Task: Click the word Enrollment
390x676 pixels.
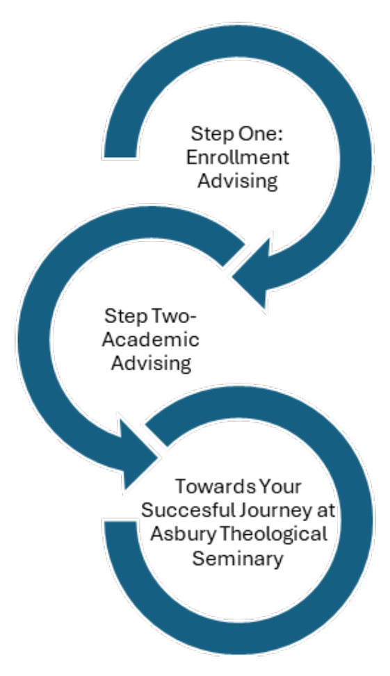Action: tap(237, 157)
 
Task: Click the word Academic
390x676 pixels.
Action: tap(151, 340)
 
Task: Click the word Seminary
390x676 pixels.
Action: tap(238, 559)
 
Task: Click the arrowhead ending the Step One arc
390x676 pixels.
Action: tap(253, 272)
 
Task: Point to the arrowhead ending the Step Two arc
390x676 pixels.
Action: tap(139, 454)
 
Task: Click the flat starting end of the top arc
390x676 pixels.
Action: tap(120, 157)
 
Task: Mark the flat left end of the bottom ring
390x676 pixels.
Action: tap(120, 521)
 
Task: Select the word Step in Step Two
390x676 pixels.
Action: tap(127, 317)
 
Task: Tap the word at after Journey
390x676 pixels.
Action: tap(324, 511)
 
